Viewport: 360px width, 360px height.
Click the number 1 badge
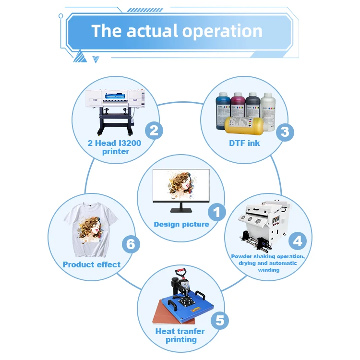click(x=216, y=212)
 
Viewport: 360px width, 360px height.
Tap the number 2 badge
click(x=154, y=130)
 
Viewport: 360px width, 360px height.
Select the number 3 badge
click(x=285, y=131)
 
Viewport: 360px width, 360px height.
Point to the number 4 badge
click(x=298, y=240)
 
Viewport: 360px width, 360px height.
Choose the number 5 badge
click(x=219, y=320)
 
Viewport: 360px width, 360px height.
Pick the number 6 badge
click(x=131, y=244)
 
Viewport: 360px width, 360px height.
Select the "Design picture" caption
click(x=181, y=224)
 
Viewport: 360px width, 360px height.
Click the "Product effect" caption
click(x=92, y=264)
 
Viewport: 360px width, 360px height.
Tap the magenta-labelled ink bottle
click(x=238, y=105)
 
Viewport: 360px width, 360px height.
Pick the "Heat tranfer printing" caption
click(x=180, y=336)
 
